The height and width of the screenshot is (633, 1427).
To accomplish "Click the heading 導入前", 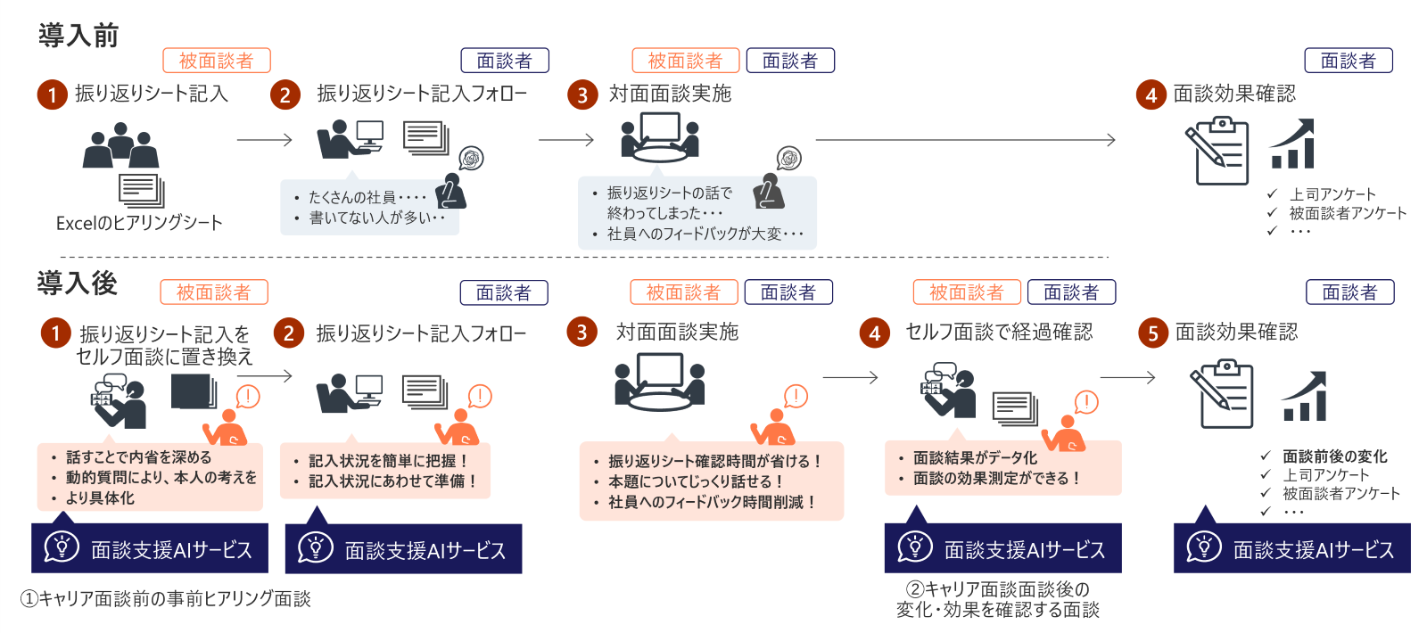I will pyautogui.click(x=78, y=36).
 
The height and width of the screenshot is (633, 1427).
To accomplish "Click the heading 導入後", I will pyautogui.click(x=78, y=284).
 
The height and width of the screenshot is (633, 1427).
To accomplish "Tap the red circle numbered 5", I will pyautogui.click(x=1152, y=333).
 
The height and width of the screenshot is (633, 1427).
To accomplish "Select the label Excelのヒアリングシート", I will pyautogui.click(x=139, y=223).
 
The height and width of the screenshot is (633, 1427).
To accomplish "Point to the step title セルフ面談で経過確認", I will pyautogui.click(x=999, y=333).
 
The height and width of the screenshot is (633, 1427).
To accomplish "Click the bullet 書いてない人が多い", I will pyautogui.click(x=375, y=218).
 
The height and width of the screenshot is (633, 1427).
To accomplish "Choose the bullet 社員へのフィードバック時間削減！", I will pyautogui.click(x=712, y=502).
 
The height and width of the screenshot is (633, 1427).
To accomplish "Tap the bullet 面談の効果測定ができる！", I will pyautogui.click(x=997, y=478).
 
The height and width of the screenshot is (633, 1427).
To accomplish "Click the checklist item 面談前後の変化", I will pyautogui.click(x=1334, y=456).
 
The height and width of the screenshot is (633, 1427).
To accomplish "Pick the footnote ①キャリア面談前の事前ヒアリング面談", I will pyautogui.click(x=166, y=599).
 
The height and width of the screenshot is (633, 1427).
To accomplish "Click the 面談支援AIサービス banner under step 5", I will pyautogui.click(x=1291, y=549).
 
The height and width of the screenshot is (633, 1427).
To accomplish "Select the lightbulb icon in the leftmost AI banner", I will pyautogui.click(x=62, y=547).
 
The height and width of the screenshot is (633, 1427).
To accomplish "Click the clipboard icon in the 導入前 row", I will pyautogui.click(x=1217, y=152).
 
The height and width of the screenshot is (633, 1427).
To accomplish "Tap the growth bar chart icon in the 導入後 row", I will pyautogui.click(x=1304, y=397).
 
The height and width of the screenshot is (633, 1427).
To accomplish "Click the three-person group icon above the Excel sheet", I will pyautogui.click(x=120, y=146).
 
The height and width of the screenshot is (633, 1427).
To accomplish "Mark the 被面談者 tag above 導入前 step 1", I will pyautogui.click(x=216, y=61).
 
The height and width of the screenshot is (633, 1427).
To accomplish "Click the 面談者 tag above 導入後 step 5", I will pyautogui.click(x=1349, y=292).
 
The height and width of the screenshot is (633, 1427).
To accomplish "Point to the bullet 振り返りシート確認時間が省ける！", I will pyautogui.click(x=713, y=461).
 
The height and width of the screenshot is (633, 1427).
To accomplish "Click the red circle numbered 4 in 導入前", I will pyautogui.click(x=1151, y=95).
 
